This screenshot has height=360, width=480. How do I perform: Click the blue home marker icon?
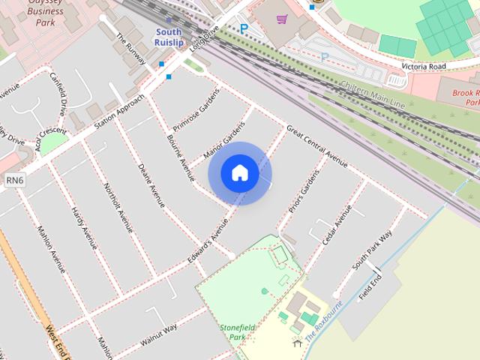[239, 172]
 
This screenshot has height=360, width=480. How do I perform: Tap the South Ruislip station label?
[169, 37]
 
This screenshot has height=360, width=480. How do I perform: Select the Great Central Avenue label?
[317, 145]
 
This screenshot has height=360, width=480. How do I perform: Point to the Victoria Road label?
[424, 66]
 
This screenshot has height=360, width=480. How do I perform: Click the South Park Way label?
[373, 250]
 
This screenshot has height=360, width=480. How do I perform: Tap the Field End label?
[370, 286]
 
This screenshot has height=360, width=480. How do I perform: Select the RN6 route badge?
[15, 180]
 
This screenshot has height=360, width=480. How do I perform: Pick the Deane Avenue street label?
[152, 184]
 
